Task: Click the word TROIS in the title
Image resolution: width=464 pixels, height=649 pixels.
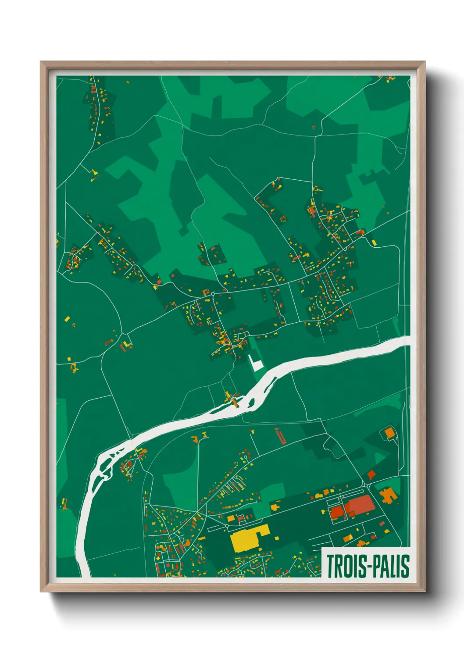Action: click(345, 566)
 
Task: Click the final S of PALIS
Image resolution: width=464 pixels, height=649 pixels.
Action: click(406, 566)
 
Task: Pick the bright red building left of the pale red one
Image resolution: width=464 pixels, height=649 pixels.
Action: click(337, 511)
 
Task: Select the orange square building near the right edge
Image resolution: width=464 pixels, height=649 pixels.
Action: click(389, 433)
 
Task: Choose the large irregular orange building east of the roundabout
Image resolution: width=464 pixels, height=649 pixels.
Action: click(388, 496)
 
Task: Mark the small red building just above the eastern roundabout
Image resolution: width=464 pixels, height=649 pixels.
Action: click(371, 474)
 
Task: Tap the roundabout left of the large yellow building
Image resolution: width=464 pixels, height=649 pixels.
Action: click(227, 526)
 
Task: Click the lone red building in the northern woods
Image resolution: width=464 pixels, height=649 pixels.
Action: click(314, 128)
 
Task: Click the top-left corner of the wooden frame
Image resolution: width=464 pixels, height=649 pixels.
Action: click(41, 62)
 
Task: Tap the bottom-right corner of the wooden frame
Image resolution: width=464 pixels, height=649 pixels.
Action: click(425, 591)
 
